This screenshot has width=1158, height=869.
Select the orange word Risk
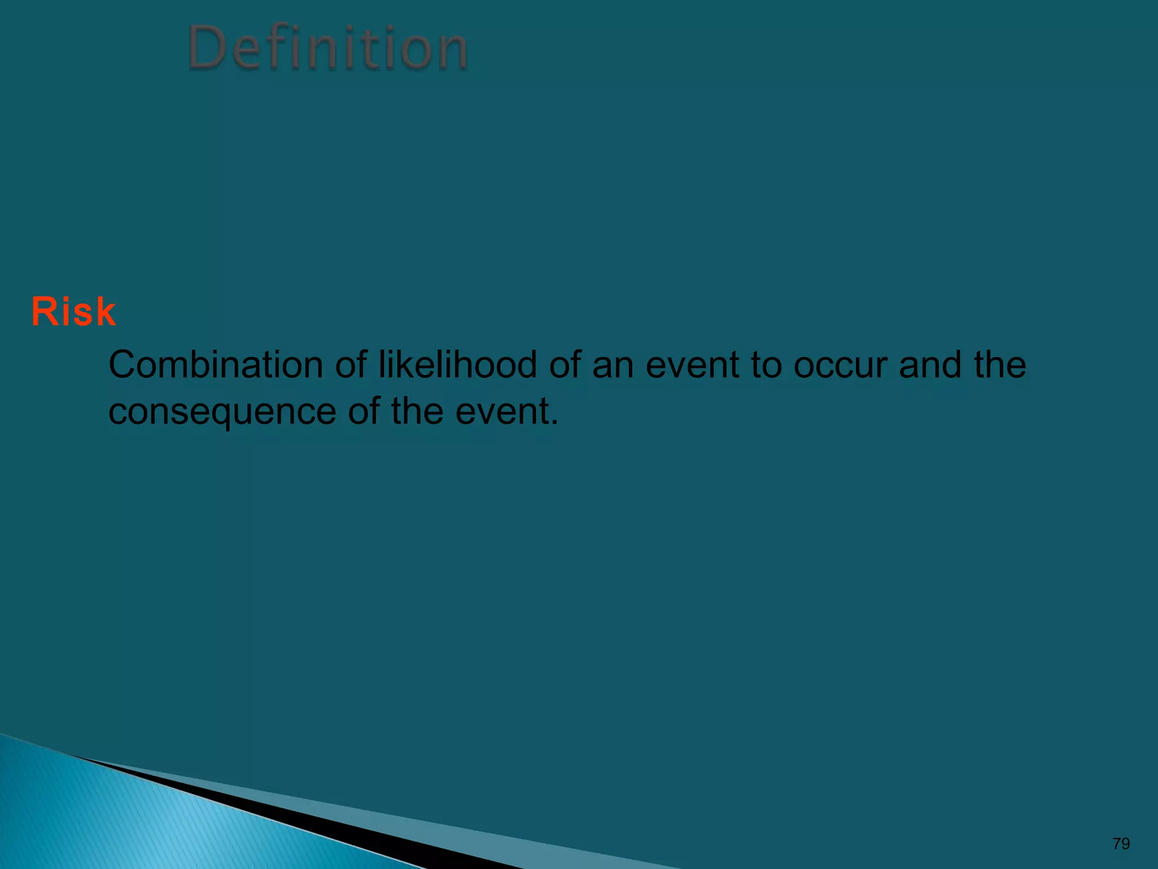(74, 312)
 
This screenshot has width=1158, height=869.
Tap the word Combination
(215, 365)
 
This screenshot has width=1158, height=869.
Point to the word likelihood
(457, 365)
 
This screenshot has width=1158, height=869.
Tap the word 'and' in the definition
(930, 365)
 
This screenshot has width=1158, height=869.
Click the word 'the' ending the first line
(1000, 365)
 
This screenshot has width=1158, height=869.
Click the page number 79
(1121, 844)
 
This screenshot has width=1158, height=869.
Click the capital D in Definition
(206, 49)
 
